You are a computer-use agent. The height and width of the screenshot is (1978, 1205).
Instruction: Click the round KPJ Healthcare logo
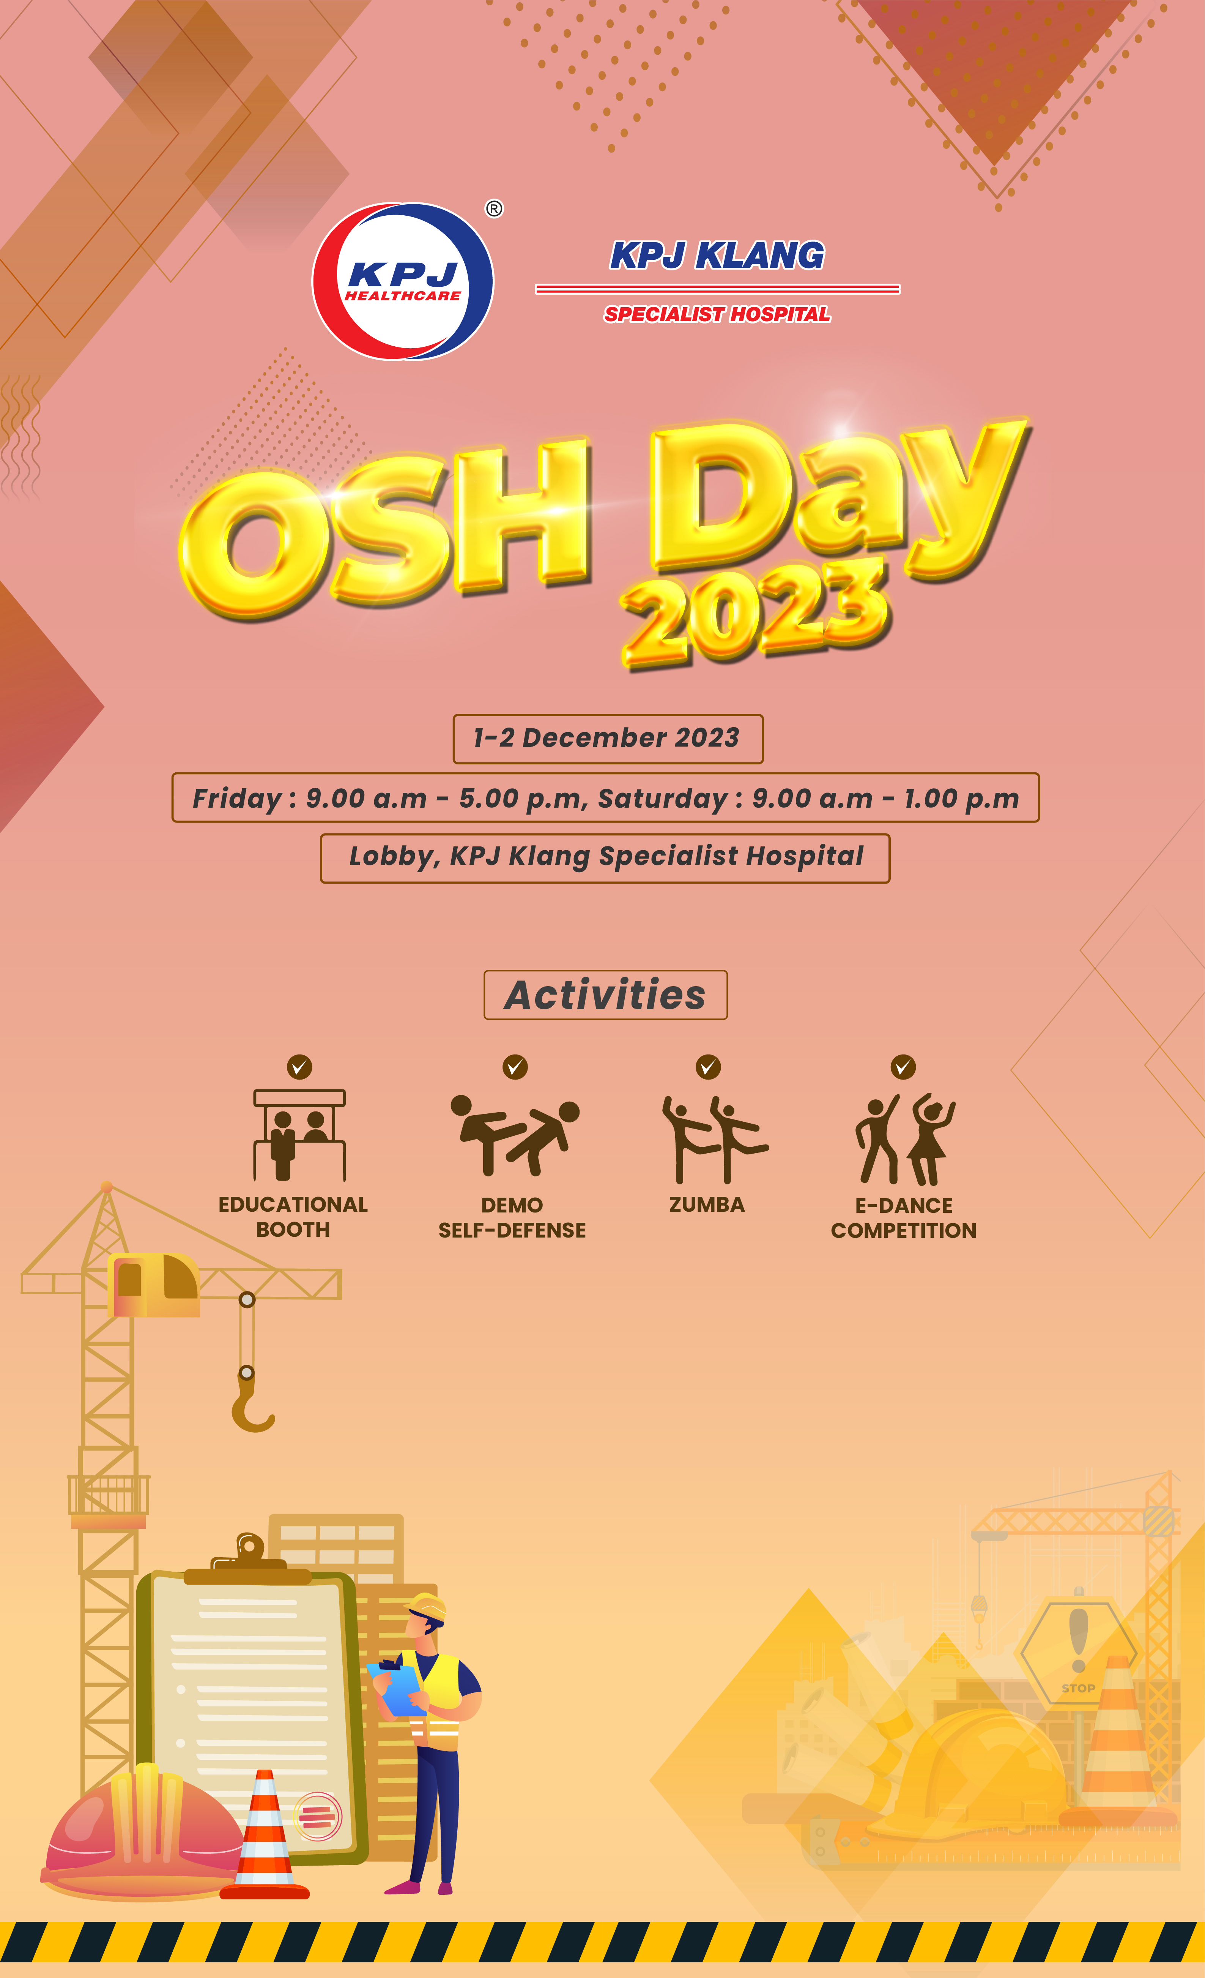coord(403,281)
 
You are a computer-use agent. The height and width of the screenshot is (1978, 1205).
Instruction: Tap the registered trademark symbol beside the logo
coord(494,209)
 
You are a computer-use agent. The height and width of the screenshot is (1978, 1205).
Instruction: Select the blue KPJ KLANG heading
coord(717,255)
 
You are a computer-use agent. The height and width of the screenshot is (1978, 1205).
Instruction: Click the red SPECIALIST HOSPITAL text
coord(717,314)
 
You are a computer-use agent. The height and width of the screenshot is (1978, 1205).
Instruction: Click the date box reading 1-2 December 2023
coord(607,739)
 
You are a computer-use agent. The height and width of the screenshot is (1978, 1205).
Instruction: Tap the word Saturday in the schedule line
coord(663,799)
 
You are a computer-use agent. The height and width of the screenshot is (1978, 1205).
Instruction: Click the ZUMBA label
coord(707,1204)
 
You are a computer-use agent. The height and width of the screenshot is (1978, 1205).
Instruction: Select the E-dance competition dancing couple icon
coord(904,1138)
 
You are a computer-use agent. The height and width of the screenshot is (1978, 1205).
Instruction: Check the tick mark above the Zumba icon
coord(707,1067)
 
